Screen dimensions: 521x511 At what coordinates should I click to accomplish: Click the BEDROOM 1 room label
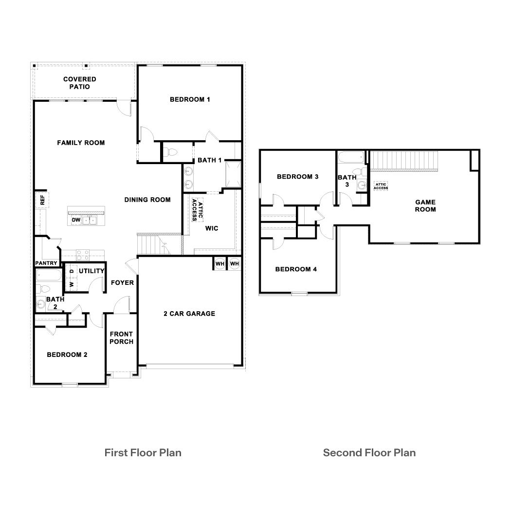(x=190, y=99)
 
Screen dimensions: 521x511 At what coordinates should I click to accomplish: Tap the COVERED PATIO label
(x=80, y=83)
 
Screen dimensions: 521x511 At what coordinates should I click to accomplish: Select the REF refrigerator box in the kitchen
(x=42, y=199)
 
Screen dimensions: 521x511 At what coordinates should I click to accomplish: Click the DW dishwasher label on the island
(x=75, y=220)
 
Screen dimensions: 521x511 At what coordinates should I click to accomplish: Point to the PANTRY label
(x=46, y=263)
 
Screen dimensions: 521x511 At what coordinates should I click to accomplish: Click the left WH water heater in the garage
(x=219, y=263)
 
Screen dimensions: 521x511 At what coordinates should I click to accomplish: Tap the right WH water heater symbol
(x=235, y=263)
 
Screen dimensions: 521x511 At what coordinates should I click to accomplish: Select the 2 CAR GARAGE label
(x=189, y=314)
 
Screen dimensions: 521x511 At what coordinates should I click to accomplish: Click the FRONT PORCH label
(x=121, y=337)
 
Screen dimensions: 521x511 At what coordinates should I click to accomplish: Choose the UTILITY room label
(x=91, y=271)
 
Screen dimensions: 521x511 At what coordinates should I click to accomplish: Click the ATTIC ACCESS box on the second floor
(x=381, y=186)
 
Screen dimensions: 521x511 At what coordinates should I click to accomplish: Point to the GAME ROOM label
(x=425, y=205)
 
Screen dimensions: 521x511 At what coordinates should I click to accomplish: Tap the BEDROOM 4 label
(x=296, y=269)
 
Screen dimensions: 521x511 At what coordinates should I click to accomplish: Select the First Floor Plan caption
(x=143, y=452)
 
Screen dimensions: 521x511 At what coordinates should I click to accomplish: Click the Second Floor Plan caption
(x=369, y=452)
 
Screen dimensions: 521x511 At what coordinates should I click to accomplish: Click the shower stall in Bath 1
(x=233, y=174)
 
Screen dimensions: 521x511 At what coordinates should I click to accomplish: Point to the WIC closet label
(x=211, y=228)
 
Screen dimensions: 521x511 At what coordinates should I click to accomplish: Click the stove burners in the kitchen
(x=82, y=255)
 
